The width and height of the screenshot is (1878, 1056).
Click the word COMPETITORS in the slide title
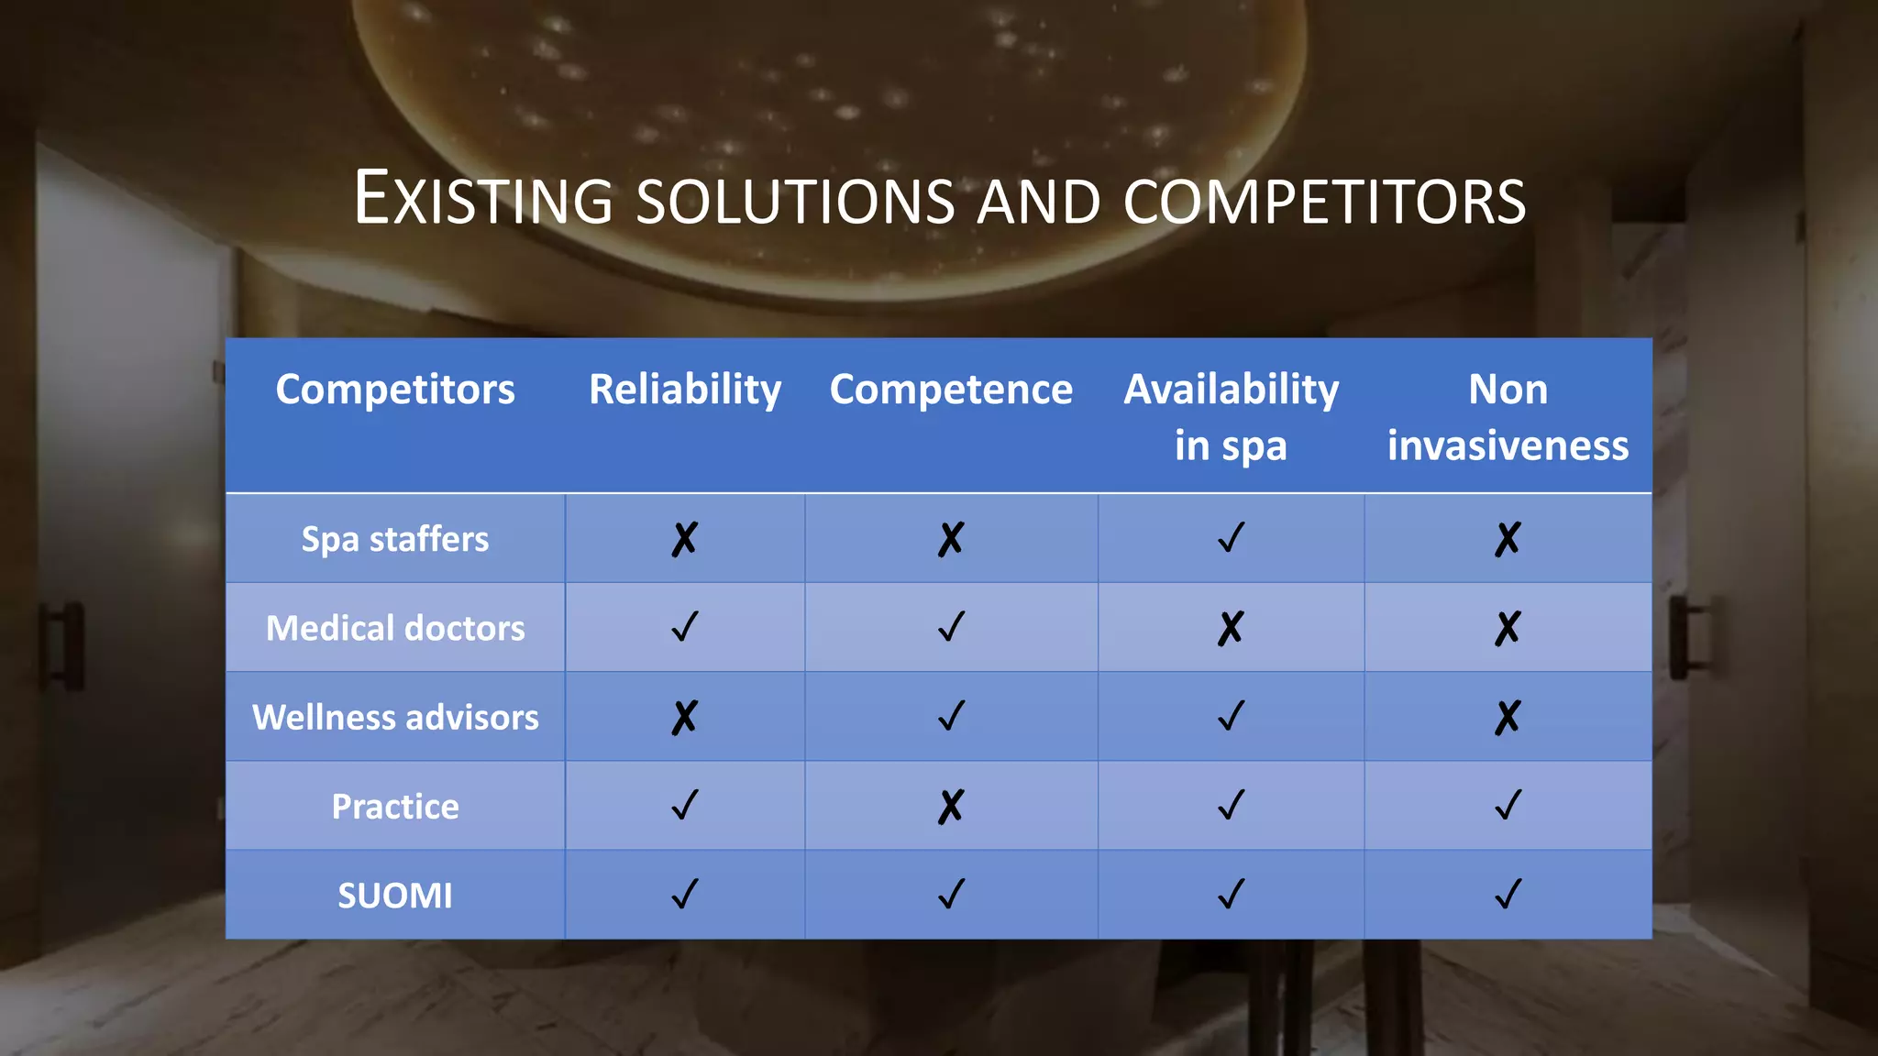(x=1324, y=201)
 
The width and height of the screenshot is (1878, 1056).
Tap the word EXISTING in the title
(x=483, y=199)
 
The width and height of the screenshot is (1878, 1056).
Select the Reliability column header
(x=685, y=390)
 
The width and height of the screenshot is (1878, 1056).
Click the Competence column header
(x=951, y=390)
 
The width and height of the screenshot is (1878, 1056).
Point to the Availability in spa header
(x=1231, y=417)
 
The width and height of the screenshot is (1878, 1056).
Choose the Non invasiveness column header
(x=1508, y=417)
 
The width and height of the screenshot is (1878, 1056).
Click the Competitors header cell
(x=395, y=390)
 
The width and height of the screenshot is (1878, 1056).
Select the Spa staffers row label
(x=395, y=539)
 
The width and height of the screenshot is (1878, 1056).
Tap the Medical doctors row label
(x=395, y=628)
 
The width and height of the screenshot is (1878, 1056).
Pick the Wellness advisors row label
(x=395, y=717)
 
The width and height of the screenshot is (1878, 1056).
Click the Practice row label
(x=395, y=807)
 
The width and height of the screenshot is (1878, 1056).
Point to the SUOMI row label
(x=395, y=896)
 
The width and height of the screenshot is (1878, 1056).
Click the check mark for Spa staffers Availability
(x=1232, y=537)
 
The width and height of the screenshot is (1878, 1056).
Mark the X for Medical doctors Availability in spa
(x=1231, y=628)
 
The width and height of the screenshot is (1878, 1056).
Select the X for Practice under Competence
(x=951, y=807)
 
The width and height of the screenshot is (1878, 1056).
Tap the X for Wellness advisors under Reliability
(x=685, y=717)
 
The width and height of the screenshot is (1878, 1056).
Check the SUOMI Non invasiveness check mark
(x=1508, y=894)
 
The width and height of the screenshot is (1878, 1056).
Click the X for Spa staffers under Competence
(x=951, y=539)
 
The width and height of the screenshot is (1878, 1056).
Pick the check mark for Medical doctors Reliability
(x=685, y=627)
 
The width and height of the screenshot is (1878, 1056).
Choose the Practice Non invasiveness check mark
(x=1508, y=805)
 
